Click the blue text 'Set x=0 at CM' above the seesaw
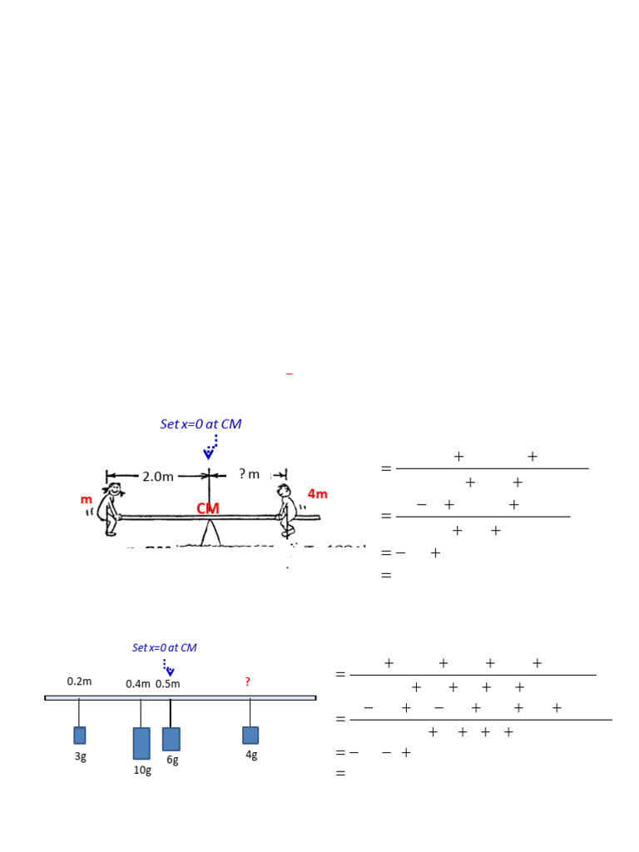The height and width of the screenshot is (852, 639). pyautogui.click(x=201, y=424)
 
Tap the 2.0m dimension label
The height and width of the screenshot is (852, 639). pyautogui.click(x=157, y=477)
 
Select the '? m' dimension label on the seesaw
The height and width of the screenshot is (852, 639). pyautogui.click(x=250, y=474)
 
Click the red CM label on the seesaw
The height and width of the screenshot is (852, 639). pyautogui.click(x=208, y=508)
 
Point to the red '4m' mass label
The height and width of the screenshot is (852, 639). pyautogui.click(x=318, y=494)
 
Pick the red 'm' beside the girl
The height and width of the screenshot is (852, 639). pyautogui.click(x=86, y=500)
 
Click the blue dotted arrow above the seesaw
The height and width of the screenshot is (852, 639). pyautogui.click(x=211, y=447)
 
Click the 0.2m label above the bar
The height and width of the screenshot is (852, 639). pyautogui.click(x=79, y=681)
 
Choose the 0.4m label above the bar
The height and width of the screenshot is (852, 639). pyautogui.click(x=138, y=684)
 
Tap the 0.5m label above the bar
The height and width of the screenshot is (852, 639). pyautogui.click(x=168, y=684)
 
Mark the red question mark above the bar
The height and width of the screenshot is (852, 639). pyautogui.click(x=247, y=682)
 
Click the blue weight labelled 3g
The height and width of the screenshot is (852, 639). pyautogui.click(x=80, y=736)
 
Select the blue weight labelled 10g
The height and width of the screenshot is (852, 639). pyautogui.click(x=141, y=743)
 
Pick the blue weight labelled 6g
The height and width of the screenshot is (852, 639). pyautogui.click(x=171, y=739)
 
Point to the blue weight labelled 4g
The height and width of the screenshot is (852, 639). pyautogui.click(x=250, y=735)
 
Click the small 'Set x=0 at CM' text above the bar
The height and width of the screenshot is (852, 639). pyautogui.click(x=165, y=647)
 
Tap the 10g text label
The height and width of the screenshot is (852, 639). pyautogui.click(x=143, y=770)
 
